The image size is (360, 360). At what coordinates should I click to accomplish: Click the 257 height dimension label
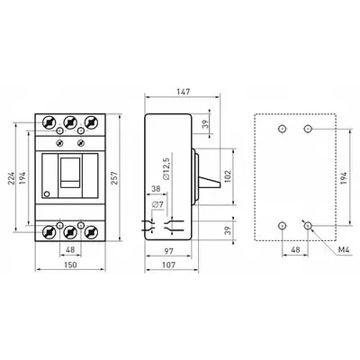pyautogui.click(x=114, y=178)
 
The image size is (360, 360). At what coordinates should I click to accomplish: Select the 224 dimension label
pyautogui.click(x=12, y=178)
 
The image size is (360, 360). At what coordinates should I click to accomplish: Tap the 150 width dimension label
pyautogui.click(x=70, y=265)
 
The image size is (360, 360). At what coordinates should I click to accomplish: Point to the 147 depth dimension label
pyautogui.click(x=183, y=92)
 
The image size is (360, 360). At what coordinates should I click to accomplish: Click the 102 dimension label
pyautogui.click(x=228, y=177)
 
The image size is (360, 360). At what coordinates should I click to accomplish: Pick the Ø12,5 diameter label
pyautogui.click(x=166, y=168)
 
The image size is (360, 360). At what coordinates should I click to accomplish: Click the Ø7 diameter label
pyautogui.click(x=157, y=205)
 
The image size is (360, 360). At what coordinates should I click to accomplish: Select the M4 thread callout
pyautogui.click(x=344, y=249)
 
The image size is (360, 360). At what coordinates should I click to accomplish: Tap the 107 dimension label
pyautogui.click(x=168, y=265)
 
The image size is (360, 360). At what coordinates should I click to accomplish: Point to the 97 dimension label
pyautogui.click(x=169, y=251)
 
